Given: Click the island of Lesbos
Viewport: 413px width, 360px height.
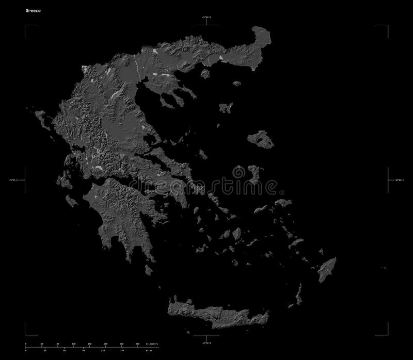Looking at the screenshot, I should click(x=260, y=139).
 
